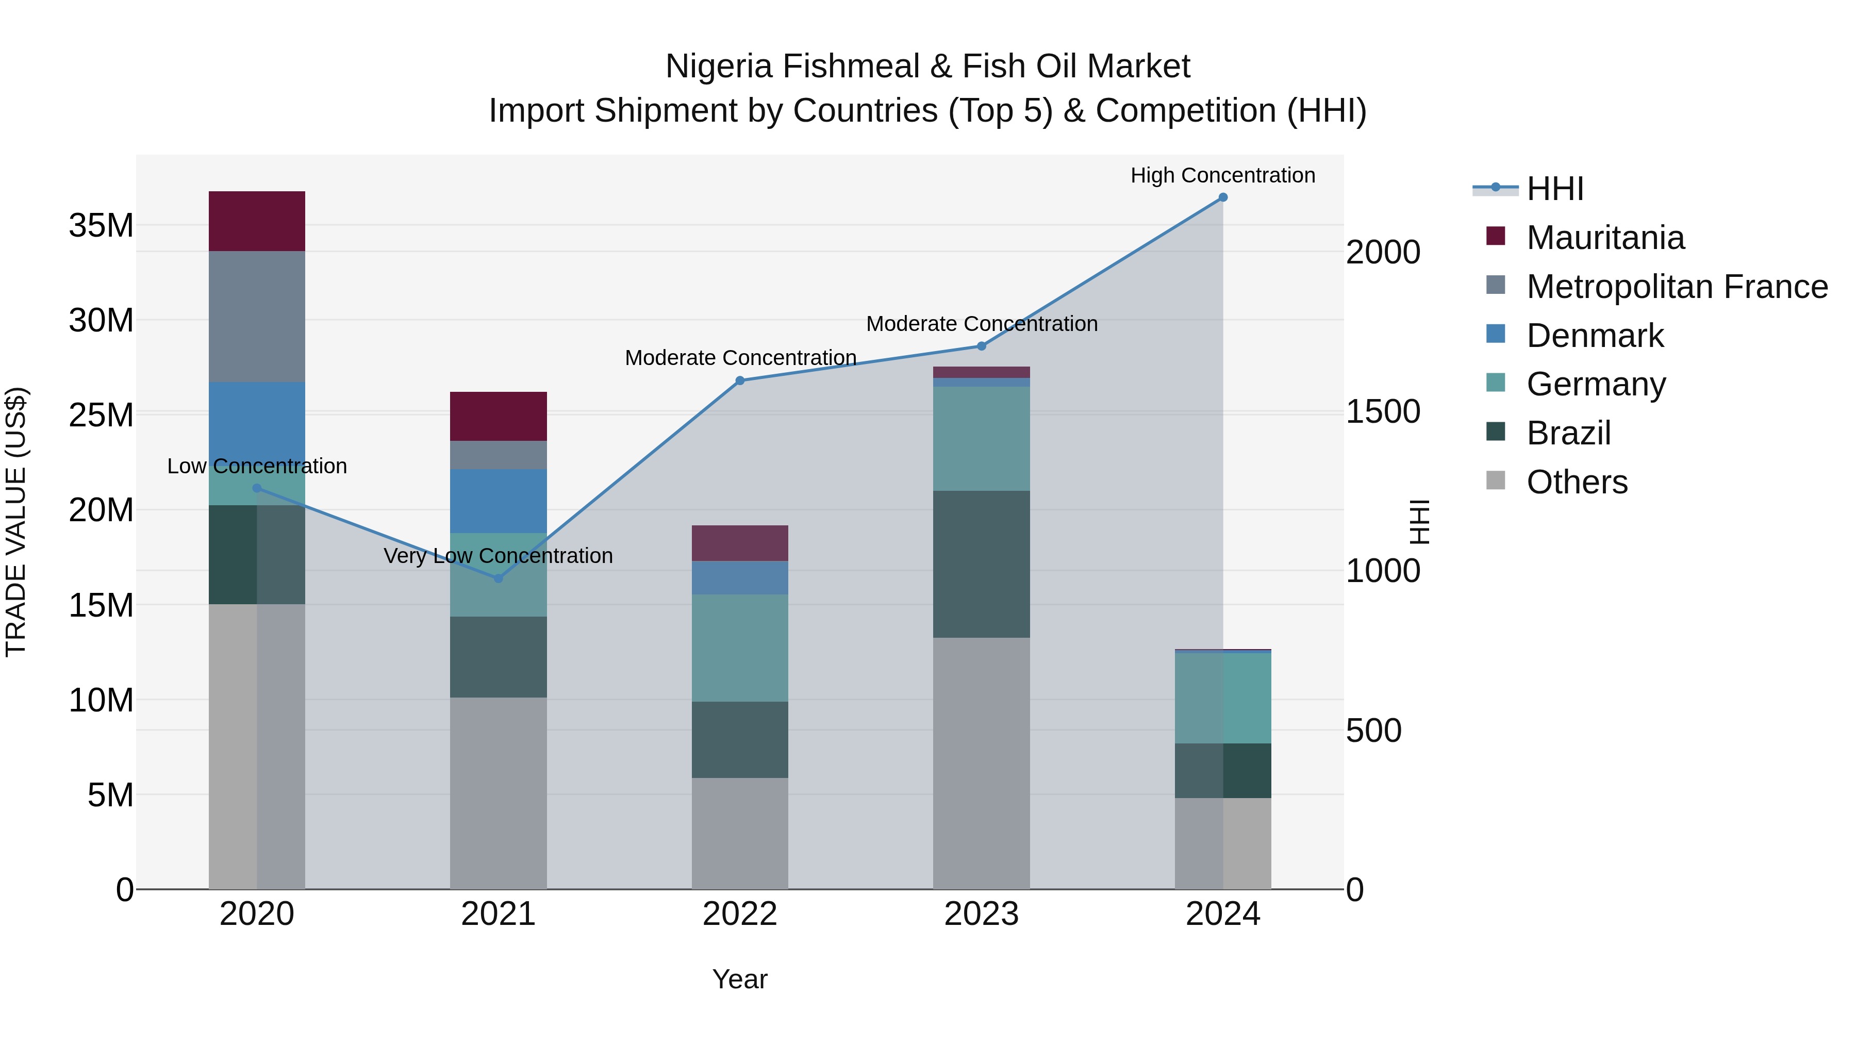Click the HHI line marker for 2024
(x=1223, y=197)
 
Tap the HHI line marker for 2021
(x=498, y=578)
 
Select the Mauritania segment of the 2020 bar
(x=257, y=221)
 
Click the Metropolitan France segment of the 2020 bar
(x=257, y=317)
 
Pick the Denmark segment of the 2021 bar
(x=498, y=502)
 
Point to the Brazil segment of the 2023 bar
(x=981, y=564)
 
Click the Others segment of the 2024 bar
(x=1223, y=843)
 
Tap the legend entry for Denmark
(x=1595, y=336)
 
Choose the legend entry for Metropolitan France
(x=1677, y=287)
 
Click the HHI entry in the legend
(x=1555, y=189)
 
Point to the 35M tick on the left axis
(x=101, y=225)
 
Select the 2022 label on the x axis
(x=740, y=914)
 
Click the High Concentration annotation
(x=1223, y=175)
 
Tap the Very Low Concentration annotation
(x=498, y=555)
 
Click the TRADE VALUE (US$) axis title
(x=16, y=522)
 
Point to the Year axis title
(x=740, y=979)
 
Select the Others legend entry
(x=1577, y=482)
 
